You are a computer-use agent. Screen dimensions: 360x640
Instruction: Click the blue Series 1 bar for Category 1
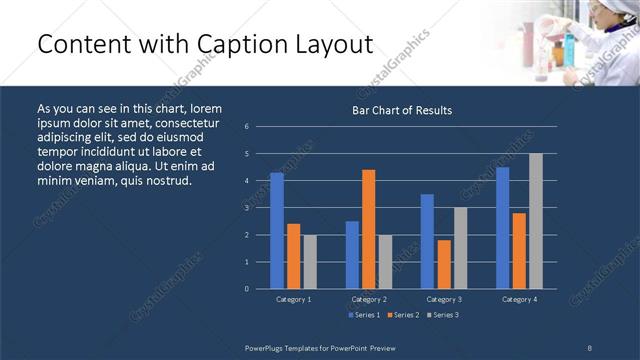click(x=277, y=230)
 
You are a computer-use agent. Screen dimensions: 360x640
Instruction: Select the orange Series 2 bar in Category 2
click(x=368, y=229)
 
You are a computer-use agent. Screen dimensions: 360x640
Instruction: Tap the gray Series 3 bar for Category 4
click(x=535, y=221)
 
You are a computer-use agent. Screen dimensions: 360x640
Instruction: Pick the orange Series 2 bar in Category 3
click(x=443, y=264)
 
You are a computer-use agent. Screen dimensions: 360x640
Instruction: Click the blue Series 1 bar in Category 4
click(x=502, y=228)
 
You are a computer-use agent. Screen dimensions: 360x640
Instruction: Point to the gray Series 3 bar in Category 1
click(x=309, y=261)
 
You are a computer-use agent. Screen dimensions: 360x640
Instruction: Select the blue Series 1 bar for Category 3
click(x=427, y=241)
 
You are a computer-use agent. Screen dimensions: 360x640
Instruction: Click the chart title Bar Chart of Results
click(x=403, y=110)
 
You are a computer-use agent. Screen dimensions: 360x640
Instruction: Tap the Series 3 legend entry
click(x=443, y=315)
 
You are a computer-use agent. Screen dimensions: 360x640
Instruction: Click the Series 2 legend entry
click(x=402, y=315)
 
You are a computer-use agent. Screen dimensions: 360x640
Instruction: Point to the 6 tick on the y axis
click(x=247, y=127)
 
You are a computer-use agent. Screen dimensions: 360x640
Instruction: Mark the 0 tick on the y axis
click(x=247, y=288)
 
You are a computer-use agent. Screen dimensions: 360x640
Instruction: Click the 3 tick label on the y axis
click(x=247, y=208)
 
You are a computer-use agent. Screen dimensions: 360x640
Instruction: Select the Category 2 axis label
click(x=368, y=299)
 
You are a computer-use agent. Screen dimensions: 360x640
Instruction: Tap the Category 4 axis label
click(x=518, y=299)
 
